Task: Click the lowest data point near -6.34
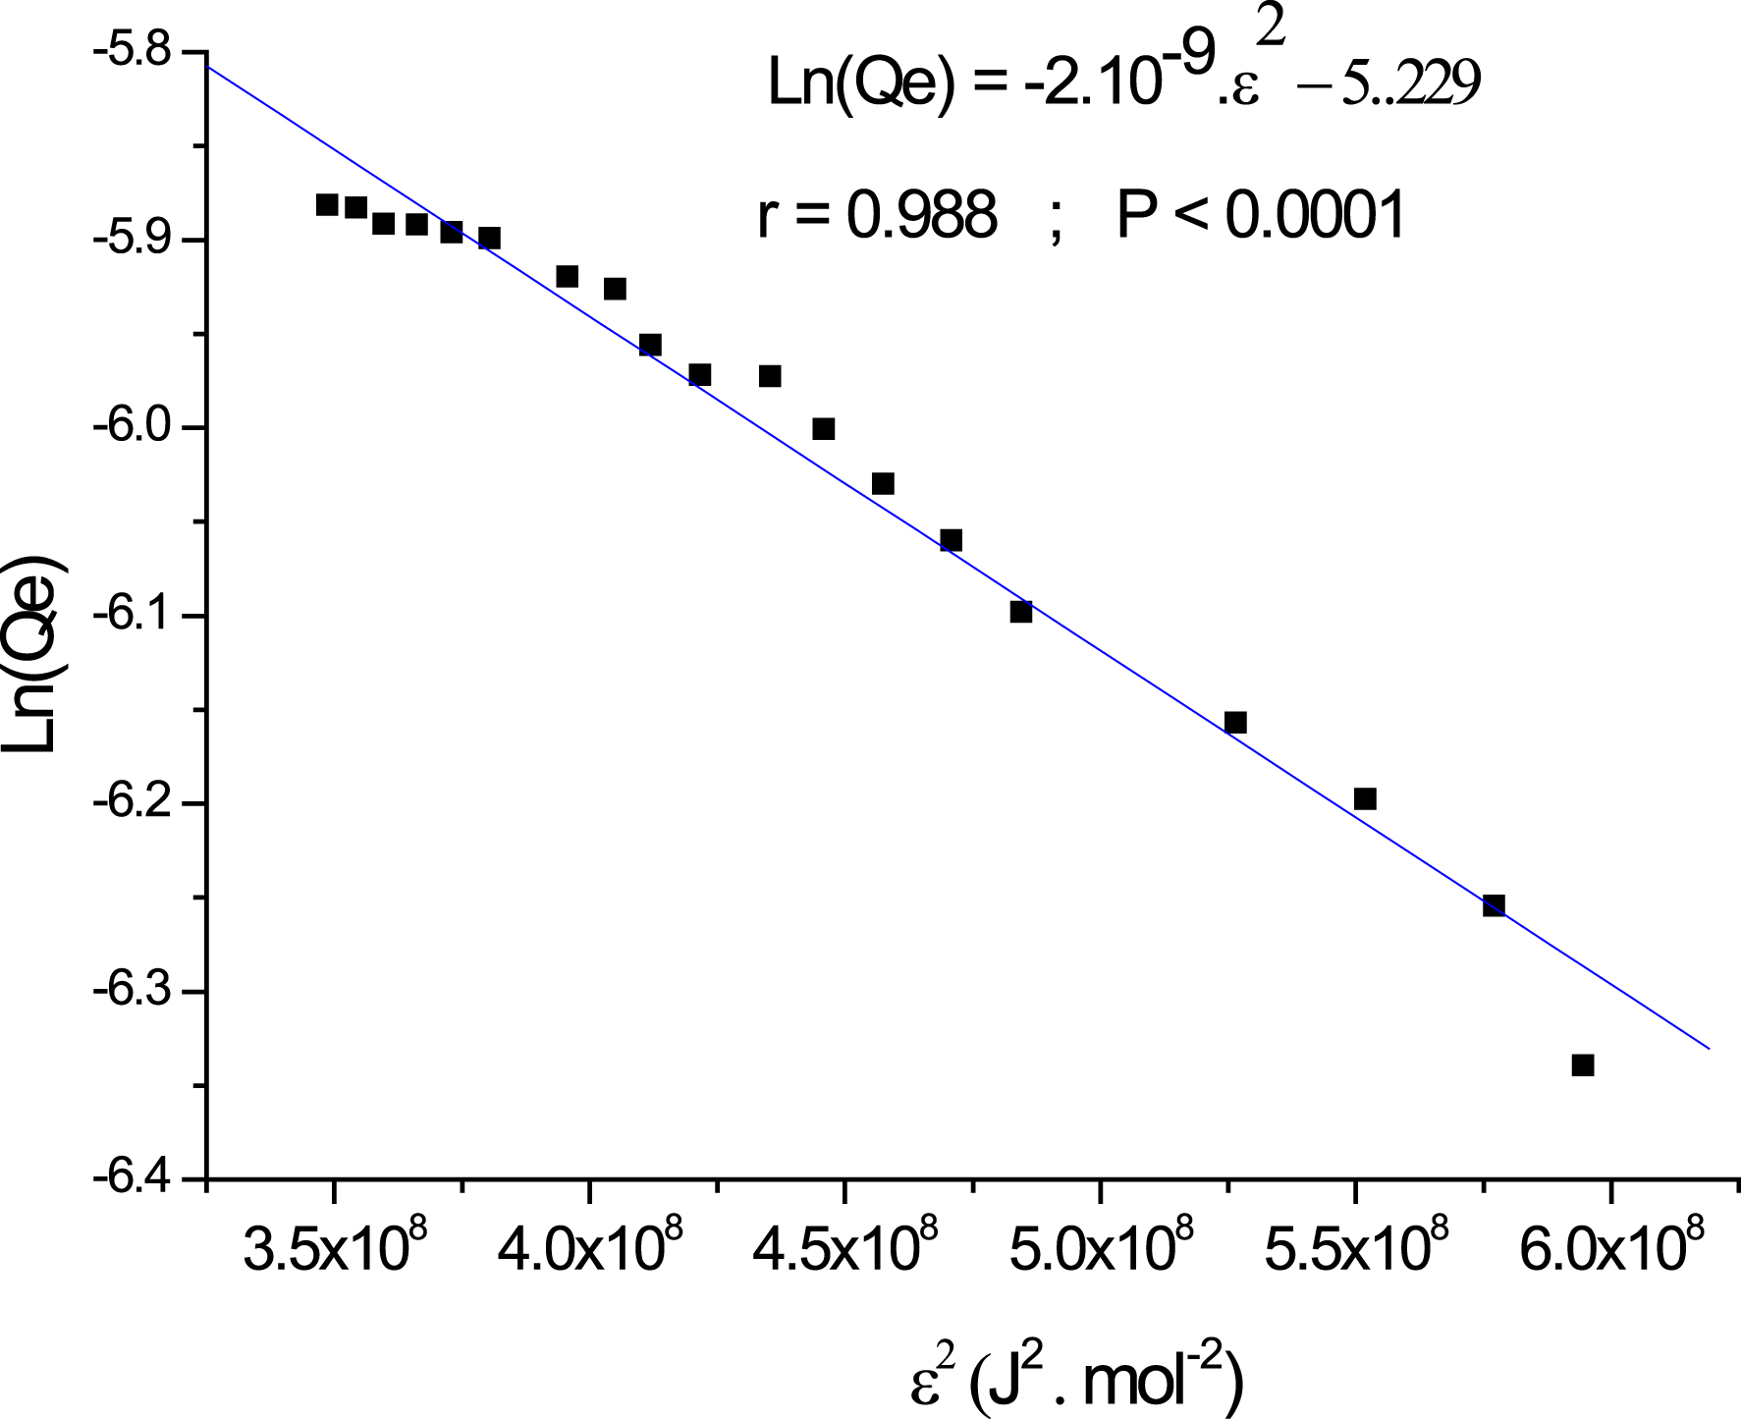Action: click(1582, 1065)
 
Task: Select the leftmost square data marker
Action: click(327, 205)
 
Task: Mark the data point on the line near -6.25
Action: click(1494, 905)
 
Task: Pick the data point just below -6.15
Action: click(1235, 723)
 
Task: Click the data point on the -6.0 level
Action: click(824, 429)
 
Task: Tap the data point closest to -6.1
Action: click(1021, 612)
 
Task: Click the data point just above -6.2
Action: click(1365, 799)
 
